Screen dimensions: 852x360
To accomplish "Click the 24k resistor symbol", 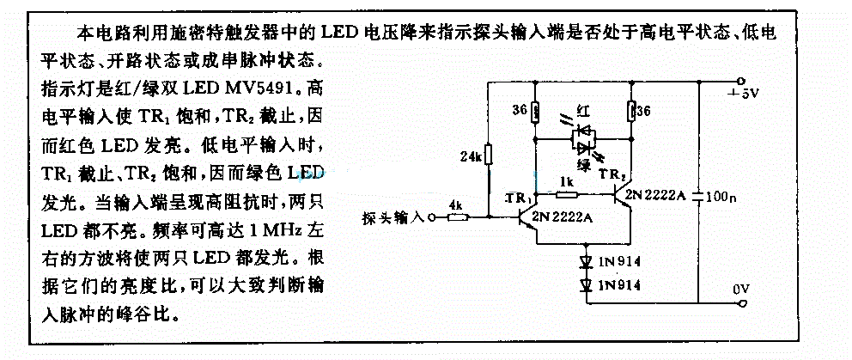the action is [489, 155].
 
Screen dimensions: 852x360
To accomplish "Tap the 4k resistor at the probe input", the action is [458, 218].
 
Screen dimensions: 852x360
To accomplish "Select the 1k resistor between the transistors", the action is [566, 193].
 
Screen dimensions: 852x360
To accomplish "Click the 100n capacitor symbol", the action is [698, 195].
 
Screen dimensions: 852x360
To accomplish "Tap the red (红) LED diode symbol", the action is [582, 131].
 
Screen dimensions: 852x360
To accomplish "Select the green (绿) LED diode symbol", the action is [582, 146].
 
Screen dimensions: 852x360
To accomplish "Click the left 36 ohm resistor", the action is [535, 112].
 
